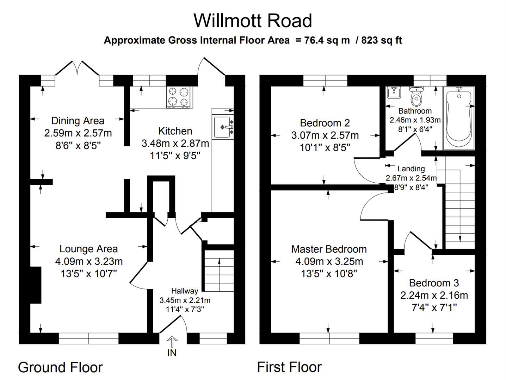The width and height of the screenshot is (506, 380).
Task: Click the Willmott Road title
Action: [x=253, y=20]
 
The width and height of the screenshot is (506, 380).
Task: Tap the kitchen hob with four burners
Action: [x=179, y=97]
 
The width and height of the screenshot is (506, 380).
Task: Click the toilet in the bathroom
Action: [x=416, y=96]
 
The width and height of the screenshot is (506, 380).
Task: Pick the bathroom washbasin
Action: [x=394, y=93]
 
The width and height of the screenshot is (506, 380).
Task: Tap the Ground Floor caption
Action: [x=60, y=367]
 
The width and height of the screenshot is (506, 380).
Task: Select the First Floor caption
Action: [x=289, y=367]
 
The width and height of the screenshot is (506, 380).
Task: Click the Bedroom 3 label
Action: [x=434, y=283]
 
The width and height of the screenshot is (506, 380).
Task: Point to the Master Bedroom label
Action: [x=329, y=249]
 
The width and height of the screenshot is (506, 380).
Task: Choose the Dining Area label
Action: [x=78, y=121]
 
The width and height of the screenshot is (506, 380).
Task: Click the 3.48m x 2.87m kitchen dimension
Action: [x=175, y=143]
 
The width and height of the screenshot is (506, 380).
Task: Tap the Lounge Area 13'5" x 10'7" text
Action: [x=88, y=273]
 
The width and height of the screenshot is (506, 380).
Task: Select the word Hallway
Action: [x=184, y=291]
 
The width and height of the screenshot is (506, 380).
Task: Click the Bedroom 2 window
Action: [x=325, y=81]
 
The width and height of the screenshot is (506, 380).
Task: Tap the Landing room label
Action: [x=411, y=169]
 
